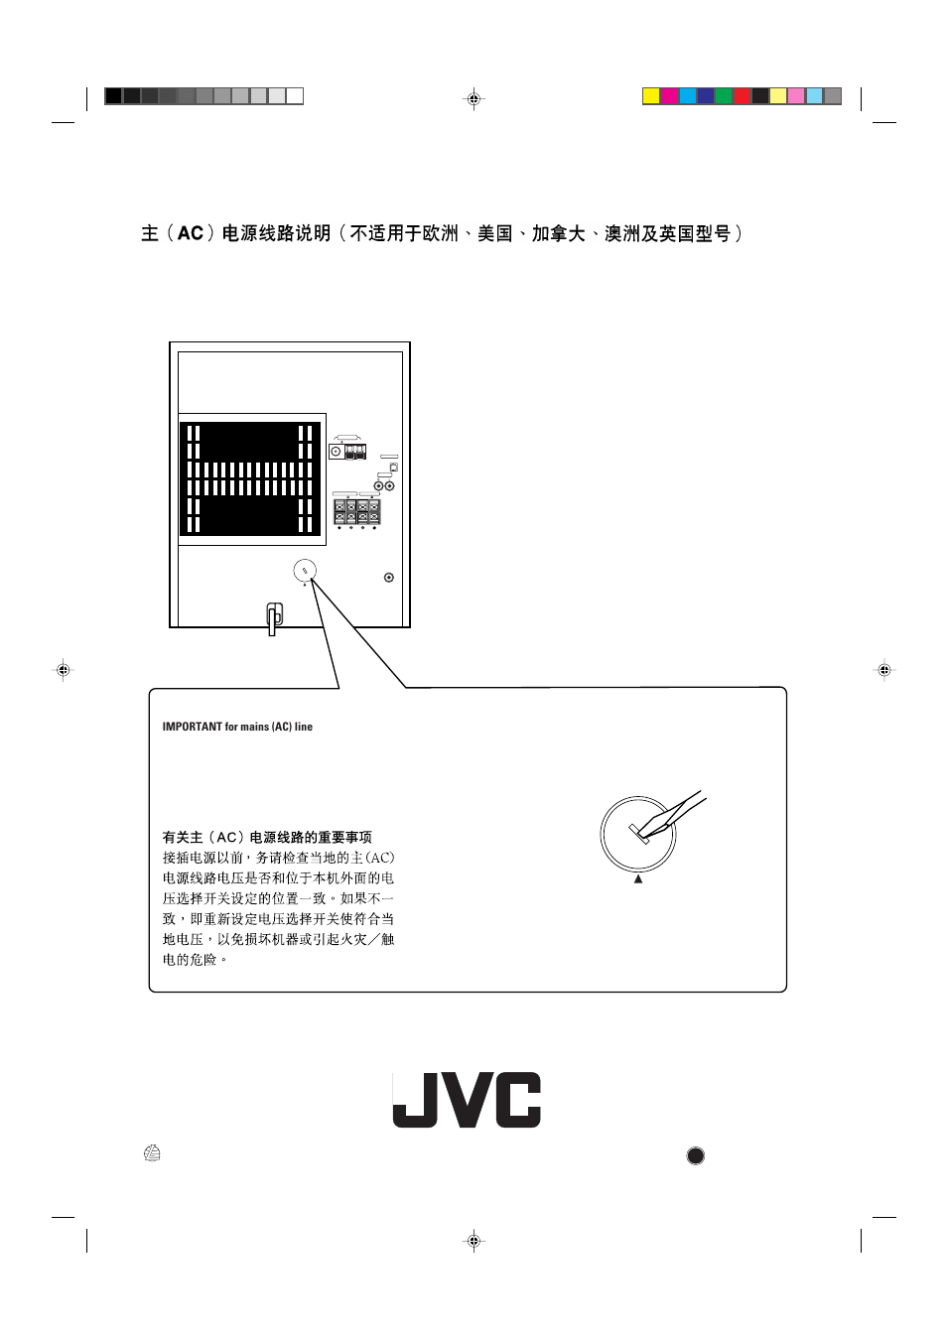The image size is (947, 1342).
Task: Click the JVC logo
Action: coord(467,1100)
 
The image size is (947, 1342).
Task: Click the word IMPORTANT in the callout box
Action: coord(193,727)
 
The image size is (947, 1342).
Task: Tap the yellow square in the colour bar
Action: coord(651,96)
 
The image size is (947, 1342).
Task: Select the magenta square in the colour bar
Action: coord(670,96)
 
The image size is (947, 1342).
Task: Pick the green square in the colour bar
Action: coord(724,96)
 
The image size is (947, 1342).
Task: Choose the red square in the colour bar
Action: coord(743,96)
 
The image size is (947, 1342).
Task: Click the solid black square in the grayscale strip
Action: coord(113,96)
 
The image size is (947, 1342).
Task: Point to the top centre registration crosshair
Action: coord(473,99)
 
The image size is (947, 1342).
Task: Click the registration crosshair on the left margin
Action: coord(63,670)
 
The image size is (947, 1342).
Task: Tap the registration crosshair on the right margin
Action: coord(883,670)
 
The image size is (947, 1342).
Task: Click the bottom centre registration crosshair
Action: coord(473,1240)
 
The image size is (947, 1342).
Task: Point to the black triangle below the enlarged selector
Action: coord(638,878)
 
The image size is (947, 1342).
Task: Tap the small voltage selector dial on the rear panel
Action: coord(305,571)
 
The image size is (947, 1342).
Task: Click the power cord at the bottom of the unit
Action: coord(275,617)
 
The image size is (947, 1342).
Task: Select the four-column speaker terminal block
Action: coord(356,511)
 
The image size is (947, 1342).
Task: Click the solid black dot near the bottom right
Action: coord(696,1155)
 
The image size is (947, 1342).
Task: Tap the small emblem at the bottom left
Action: coord(152,1153)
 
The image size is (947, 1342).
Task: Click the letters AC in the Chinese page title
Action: coord(190,233)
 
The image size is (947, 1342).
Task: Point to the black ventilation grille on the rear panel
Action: coord(250,478)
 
